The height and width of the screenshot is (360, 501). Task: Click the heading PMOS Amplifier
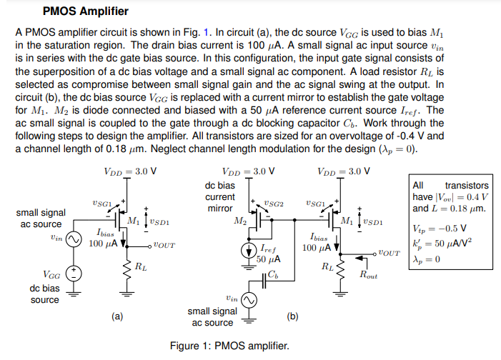pyautogui.click(x=86, y=11)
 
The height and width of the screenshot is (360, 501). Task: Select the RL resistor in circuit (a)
pyautogui.click(x=129, y=268)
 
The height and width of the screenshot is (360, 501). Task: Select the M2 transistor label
pyautogui.click(x=239, y=221)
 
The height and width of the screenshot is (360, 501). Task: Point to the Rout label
pyautogui.click(x=369, y=275)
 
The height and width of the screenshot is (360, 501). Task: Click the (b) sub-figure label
pyautogui.click(x=292, y=315)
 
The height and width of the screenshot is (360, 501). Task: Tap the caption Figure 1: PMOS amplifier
pyautogui.click(x=229, y=346)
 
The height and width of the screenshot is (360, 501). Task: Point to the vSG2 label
pyautogui.click(x=274, y=204)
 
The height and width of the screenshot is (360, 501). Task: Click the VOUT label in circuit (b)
pyautogui.click(x=389, y=252)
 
